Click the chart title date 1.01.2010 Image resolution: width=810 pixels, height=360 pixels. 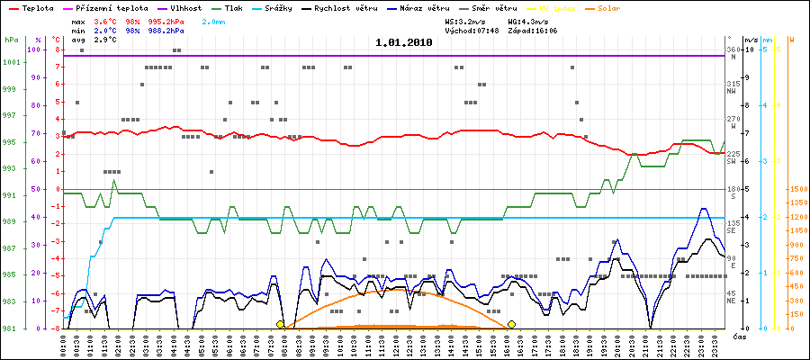pos(404,42)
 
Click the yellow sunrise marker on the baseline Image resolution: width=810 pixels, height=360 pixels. pos(281,324)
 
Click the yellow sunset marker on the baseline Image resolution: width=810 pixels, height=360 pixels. pos(511,324)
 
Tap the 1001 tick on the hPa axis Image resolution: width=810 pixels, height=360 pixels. pos(12,62)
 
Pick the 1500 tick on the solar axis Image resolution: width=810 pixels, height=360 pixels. pos(796,190)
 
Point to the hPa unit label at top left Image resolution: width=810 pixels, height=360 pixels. pos(11,40)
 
